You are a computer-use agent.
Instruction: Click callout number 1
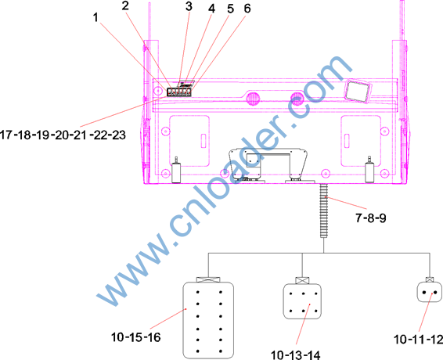click(95, 17)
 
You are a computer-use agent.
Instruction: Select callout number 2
click(125, 5)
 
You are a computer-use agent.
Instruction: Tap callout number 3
click(189, 6)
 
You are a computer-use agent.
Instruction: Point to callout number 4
click(211, 9)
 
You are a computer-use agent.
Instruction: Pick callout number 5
click(231, 9)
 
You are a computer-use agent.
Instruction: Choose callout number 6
click(247, 9)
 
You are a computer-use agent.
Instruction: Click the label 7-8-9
click(370, 218)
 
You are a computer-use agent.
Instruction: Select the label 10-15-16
click(135, 337)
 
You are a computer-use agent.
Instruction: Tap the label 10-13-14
click(296, 355)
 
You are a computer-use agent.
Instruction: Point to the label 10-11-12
click(418, 340)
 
